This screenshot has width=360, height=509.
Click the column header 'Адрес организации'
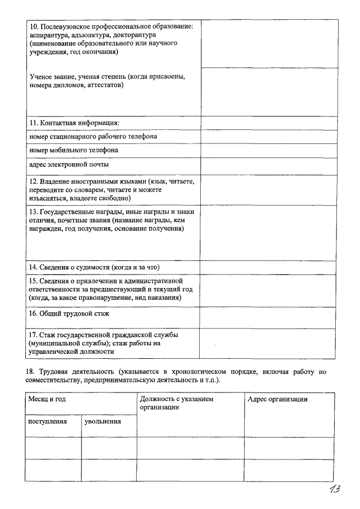[278, 399]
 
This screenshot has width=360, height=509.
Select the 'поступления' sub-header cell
[48, 421]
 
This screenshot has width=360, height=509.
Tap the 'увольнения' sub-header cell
[102, 421]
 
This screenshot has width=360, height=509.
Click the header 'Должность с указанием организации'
[177, 403]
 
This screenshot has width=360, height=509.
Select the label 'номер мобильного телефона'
[74, 151]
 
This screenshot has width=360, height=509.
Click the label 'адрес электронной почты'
[69, 165]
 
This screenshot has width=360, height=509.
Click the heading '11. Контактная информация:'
[74, 123]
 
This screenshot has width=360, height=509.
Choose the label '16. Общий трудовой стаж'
[69, 313]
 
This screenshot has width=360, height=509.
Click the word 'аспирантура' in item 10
[48, 35]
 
